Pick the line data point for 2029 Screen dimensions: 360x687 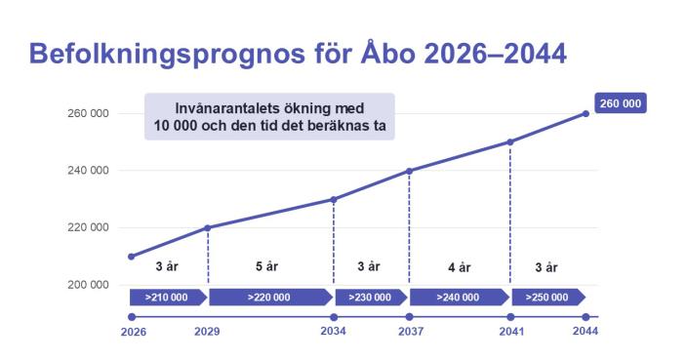click(208, 228)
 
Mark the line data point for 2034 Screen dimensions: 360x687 click(334, 200)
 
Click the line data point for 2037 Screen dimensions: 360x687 click(409, 171)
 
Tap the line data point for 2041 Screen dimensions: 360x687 click(510, 142)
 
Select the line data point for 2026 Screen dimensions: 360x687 click(132, 257)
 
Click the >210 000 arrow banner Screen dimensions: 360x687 click(167, 298)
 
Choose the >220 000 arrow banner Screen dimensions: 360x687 click(270, 298)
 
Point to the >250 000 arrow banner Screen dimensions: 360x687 click(548, 298)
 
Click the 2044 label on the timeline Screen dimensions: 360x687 click(586, 332)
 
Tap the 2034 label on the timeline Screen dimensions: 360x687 click(334, 332)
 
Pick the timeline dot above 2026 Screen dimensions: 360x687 click(132, 317)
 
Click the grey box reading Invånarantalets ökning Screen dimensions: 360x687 click(269, 116)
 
